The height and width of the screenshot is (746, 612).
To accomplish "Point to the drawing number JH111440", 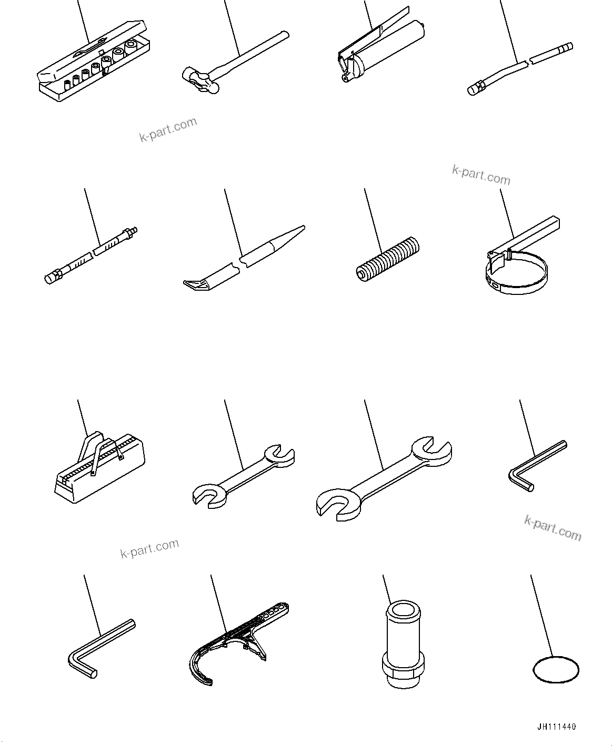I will pyautogui.click(x=556, y=727).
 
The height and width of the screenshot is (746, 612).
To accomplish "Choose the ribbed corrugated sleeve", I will pyautogui.click(x=388, y=258).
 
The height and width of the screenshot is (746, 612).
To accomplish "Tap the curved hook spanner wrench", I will pyautogui.click(x=226, y=647).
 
